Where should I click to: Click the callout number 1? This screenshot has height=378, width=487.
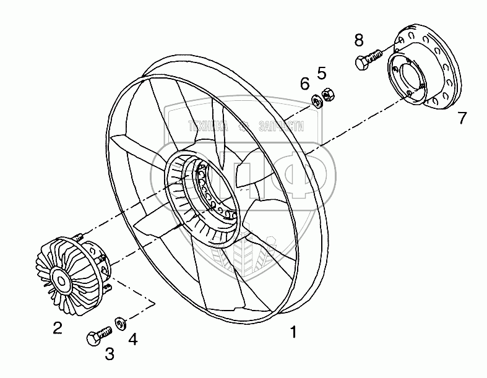point(294,333)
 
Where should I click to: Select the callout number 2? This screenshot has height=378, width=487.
point(57,329)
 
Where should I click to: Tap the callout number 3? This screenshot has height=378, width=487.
point(110,354)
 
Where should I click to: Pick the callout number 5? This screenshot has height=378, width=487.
point(322,73)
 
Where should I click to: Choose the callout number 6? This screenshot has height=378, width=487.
point(304,83)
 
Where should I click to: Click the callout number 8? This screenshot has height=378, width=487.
point(359,41)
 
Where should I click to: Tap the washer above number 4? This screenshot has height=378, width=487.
point(119,322)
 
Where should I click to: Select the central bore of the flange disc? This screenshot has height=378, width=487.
point(410,77)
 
